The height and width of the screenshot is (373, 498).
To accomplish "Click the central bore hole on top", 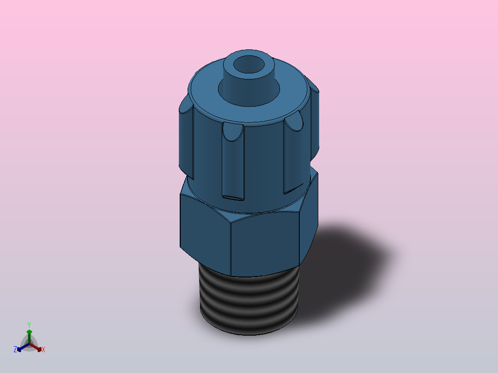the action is coord(249,65).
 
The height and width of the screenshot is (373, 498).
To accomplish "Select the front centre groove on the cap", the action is coord(233,162).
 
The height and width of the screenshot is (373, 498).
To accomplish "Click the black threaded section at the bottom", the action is coord(249,301).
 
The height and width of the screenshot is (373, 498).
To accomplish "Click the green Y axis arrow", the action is coord(29,337).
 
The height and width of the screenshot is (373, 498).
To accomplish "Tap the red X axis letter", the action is coord(43,349).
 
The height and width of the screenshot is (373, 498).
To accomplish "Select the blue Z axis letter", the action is coord(15,349).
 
